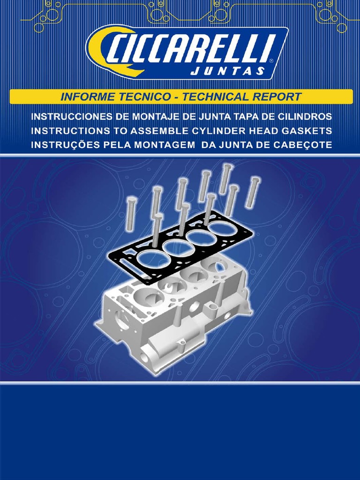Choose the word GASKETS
pos(307,130)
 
